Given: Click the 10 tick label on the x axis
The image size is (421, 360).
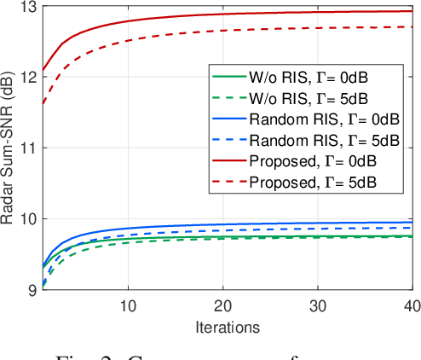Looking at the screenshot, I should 128,305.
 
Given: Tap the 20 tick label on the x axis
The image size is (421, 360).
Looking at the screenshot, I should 222,305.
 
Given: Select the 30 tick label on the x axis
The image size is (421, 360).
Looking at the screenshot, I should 317,305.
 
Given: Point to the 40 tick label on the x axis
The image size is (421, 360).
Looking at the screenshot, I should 409,305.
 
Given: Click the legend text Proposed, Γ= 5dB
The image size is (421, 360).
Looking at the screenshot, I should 314,182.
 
